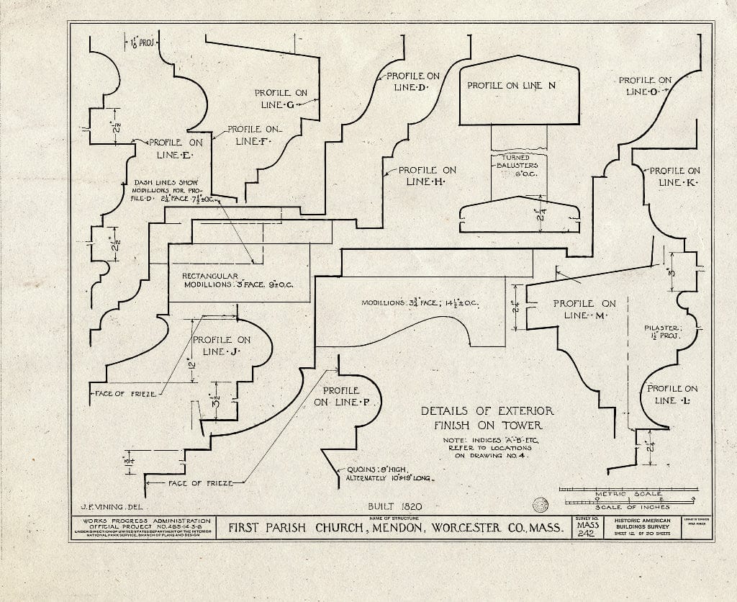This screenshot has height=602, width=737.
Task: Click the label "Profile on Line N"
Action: click(512, 86)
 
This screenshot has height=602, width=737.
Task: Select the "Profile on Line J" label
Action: click(222, 346)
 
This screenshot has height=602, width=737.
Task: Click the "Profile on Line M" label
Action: click(584, 310)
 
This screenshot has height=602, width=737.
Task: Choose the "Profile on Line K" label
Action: click(674, 177)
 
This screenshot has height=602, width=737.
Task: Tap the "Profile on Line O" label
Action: click(644, 86)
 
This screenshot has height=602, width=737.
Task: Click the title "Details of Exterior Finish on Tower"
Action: click(487, 418)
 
